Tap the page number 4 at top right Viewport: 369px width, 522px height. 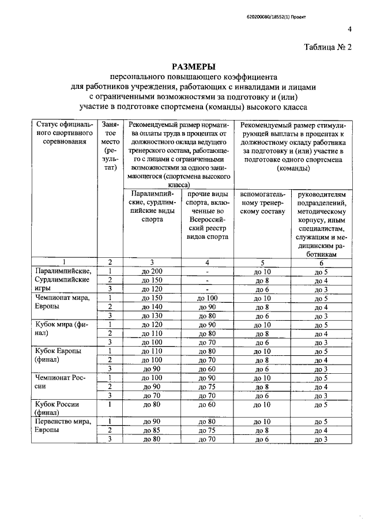349,30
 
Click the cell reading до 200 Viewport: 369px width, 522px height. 153,271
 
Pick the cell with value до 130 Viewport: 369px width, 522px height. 153,316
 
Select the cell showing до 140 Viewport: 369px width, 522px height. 153,307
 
